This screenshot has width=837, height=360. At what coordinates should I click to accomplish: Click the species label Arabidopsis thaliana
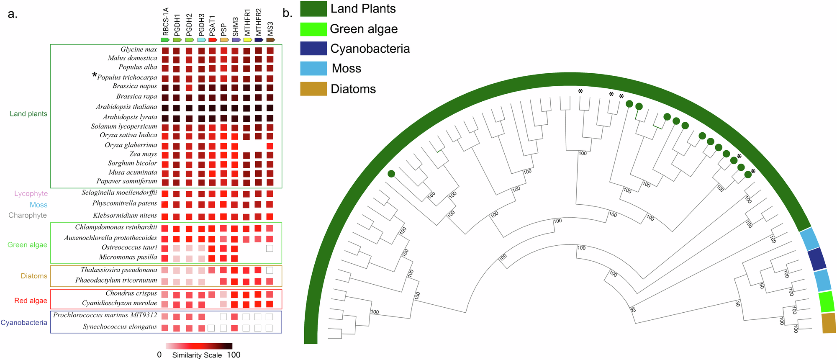[x=126, y=107]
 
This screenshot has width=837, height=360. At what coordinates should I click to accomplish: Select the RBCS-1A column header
[x=166, y=22]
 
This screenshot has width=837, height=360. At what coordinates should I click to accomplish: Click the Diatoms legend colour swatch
[x=313, y=89]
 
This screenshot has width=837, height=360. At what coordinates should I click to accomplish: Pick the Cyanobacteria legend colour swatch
[x=313, y=49]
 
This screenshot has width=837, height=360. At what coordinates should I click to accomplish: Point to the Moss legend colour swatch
[x=313, y=69]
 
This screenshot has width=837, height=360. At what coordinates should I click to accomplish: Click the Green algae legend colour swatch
[x=313, y=29]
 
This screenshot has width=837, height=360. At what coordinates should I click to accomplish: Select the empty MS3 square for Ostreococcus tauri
[x=270, y=248]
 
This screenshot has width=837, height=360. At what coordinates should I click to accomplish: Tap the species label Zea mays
[x=143, y=154]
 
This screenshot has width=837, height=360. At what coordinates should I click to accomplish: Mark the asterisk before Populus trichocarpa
[x=95, y=76]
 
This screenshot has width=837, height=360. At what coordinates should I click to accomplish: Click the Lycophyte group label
[x=31, y=194]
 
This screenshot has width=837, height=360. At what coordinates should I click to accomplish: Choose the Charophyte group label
[x=28, y=216]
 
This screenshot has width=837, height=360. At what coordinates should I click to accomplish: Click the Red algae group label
[x=31, y=301]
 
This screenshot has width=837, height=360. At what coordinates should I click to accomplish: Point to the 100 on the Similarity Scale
[x=234, y=355]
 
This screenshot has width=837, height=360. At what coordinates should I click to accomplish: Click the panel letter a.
[x=13, y=14]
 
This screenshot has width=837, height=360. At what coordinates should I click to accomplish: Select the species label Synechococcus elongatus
[x=120, y=327]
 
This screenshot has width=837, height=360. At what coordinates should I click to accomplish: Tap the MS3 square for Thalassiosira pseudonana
[x=270, y=270]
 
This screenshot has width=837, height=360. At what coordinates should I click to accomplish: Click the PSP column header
[x=224, y=29]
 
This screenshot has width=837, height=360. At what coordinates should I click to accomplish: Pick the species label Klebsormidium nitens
[x=125, y=216]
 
